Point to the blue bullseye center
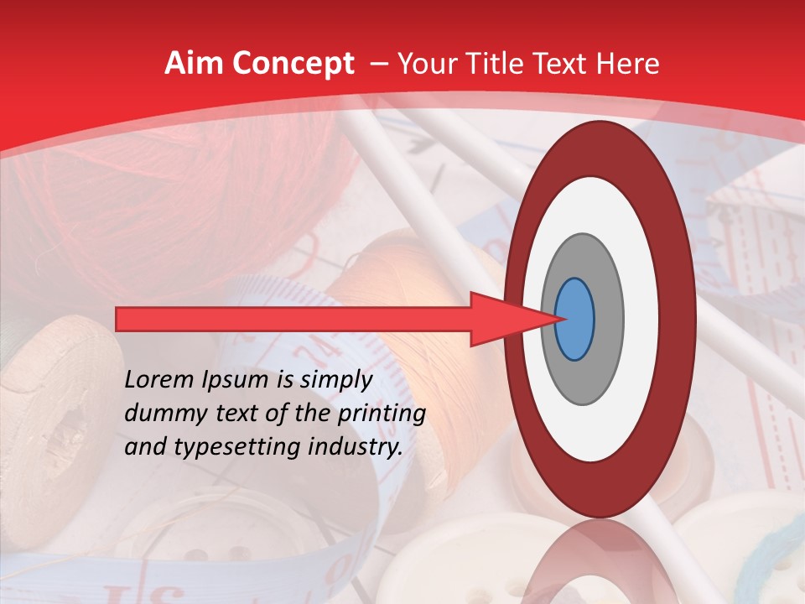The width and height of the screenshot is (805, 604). (x=575, y=320)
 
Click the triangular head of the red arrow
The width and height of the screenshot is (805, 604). (x=499, y=320)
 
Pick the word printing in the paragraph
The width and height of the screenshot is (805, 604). (x=382, y=414)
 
